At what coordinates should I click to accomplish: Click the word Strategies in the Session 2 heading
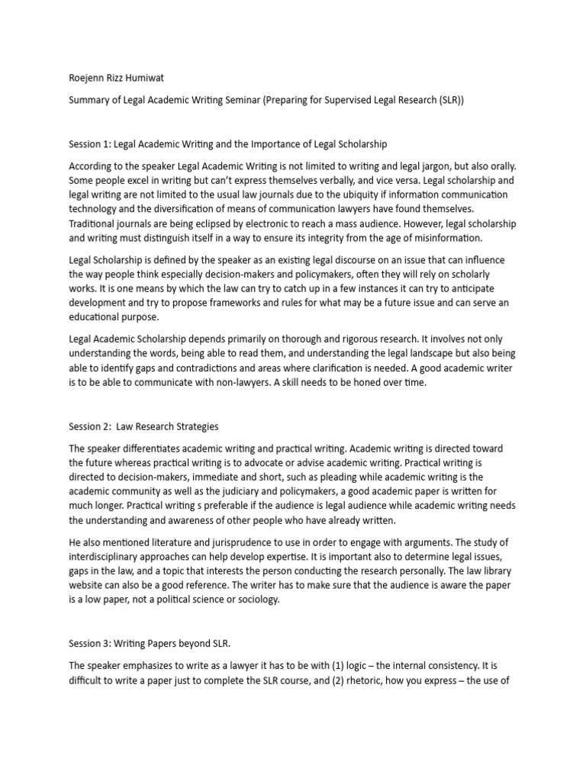coord(192,426)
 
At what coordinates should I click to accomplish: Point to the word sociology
coord(257,599)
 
